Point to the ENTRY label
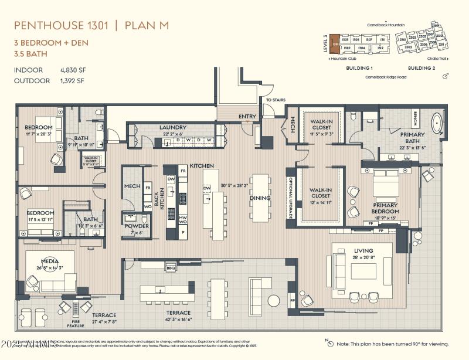coord(247,116)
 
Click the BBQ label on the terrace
coord(171,268)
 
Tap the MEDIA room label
coord(50,261)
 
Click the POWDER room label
coord(136,226)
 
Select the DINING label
coord(260,198)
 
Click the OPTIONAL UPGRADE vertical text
coord(289,197)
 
